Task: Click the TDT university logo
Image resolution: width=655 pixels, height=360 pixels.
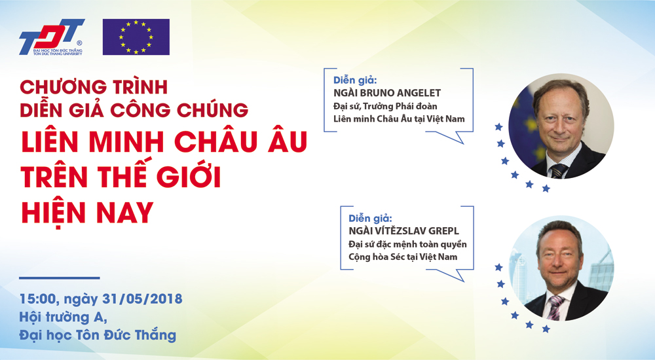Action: point(52,37)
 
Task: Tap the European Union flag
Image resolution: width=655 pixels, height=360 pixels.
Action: point(136,37)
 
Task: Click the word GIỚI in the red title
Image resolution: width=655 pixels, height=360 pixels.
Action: point(189,177)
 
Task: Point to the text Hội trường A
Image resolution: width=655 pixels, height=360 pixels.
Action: point(63,317)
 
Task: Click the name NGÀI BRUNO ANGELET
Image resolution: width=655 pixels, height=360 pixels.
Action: point(387,93)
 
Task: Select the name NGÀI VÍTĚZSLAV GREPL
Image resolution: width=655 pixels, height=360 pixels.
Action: point(403,230)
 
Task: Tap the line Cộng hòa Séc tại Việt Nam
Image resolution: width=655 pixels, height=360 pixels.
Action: point(403,257)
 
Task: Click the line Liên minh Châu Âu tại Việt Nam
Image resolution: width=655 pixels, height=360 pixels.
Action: point(399,118)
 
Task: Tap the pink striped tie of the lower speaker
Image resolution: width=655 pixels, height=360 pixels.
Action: point(555,307)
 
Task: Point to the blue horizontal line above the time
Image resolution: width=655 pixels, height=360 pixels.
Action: point(60,278)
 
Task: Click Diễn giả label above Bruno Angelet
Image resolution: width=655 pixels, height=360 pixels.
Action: point(354,81)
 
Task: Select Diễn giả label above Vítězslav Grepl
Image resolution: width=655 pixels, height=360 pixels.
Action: point(370,218)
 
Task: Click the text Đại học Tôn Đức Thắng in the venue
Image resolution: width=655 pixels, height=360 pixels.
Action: point(98,335)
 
